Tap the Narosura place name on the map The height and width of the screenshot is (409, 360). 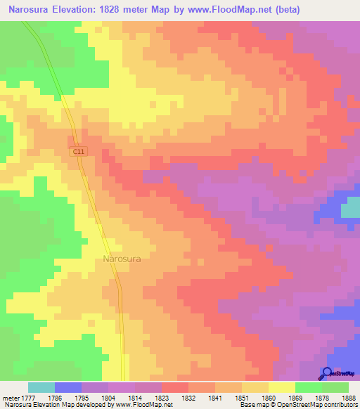pos(122,259)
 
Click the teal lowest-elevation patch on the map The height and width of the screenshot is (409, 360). pos(350,209)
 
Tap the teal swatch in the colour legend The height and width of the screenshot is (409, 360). pos(41,387)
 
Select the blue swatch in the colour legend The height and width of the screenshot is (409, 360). pos(68,387)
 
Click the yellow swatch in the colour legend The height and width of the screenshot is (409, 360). pos(282,387)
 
